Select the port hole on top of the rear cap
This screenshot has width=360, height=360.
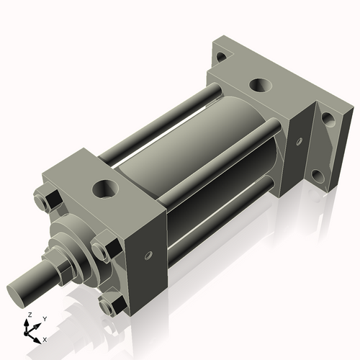click(261, 85)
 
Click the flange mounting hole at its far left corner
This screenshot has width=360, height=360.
click(222, 56)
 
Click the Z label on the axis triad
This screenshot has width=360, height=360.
click(28, 315)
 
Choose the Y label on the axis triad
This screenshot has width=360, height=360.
click(45, 318)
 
